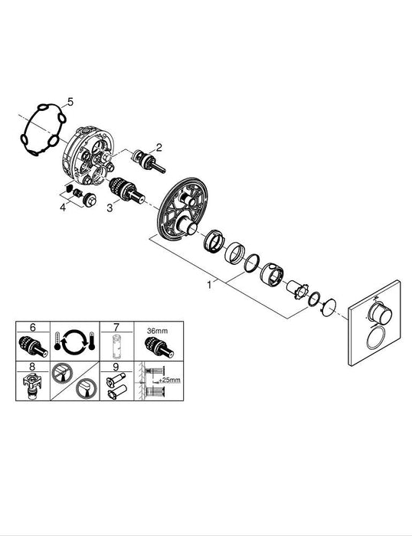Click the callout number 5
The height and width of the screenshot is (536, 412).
[70, 101]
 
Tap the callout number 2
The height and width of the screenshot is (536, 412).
[159, 146]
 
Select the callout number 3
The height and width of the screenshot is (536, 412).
[110, 208]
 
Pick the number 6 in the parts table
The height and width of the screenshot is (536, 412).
[32, 327]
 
